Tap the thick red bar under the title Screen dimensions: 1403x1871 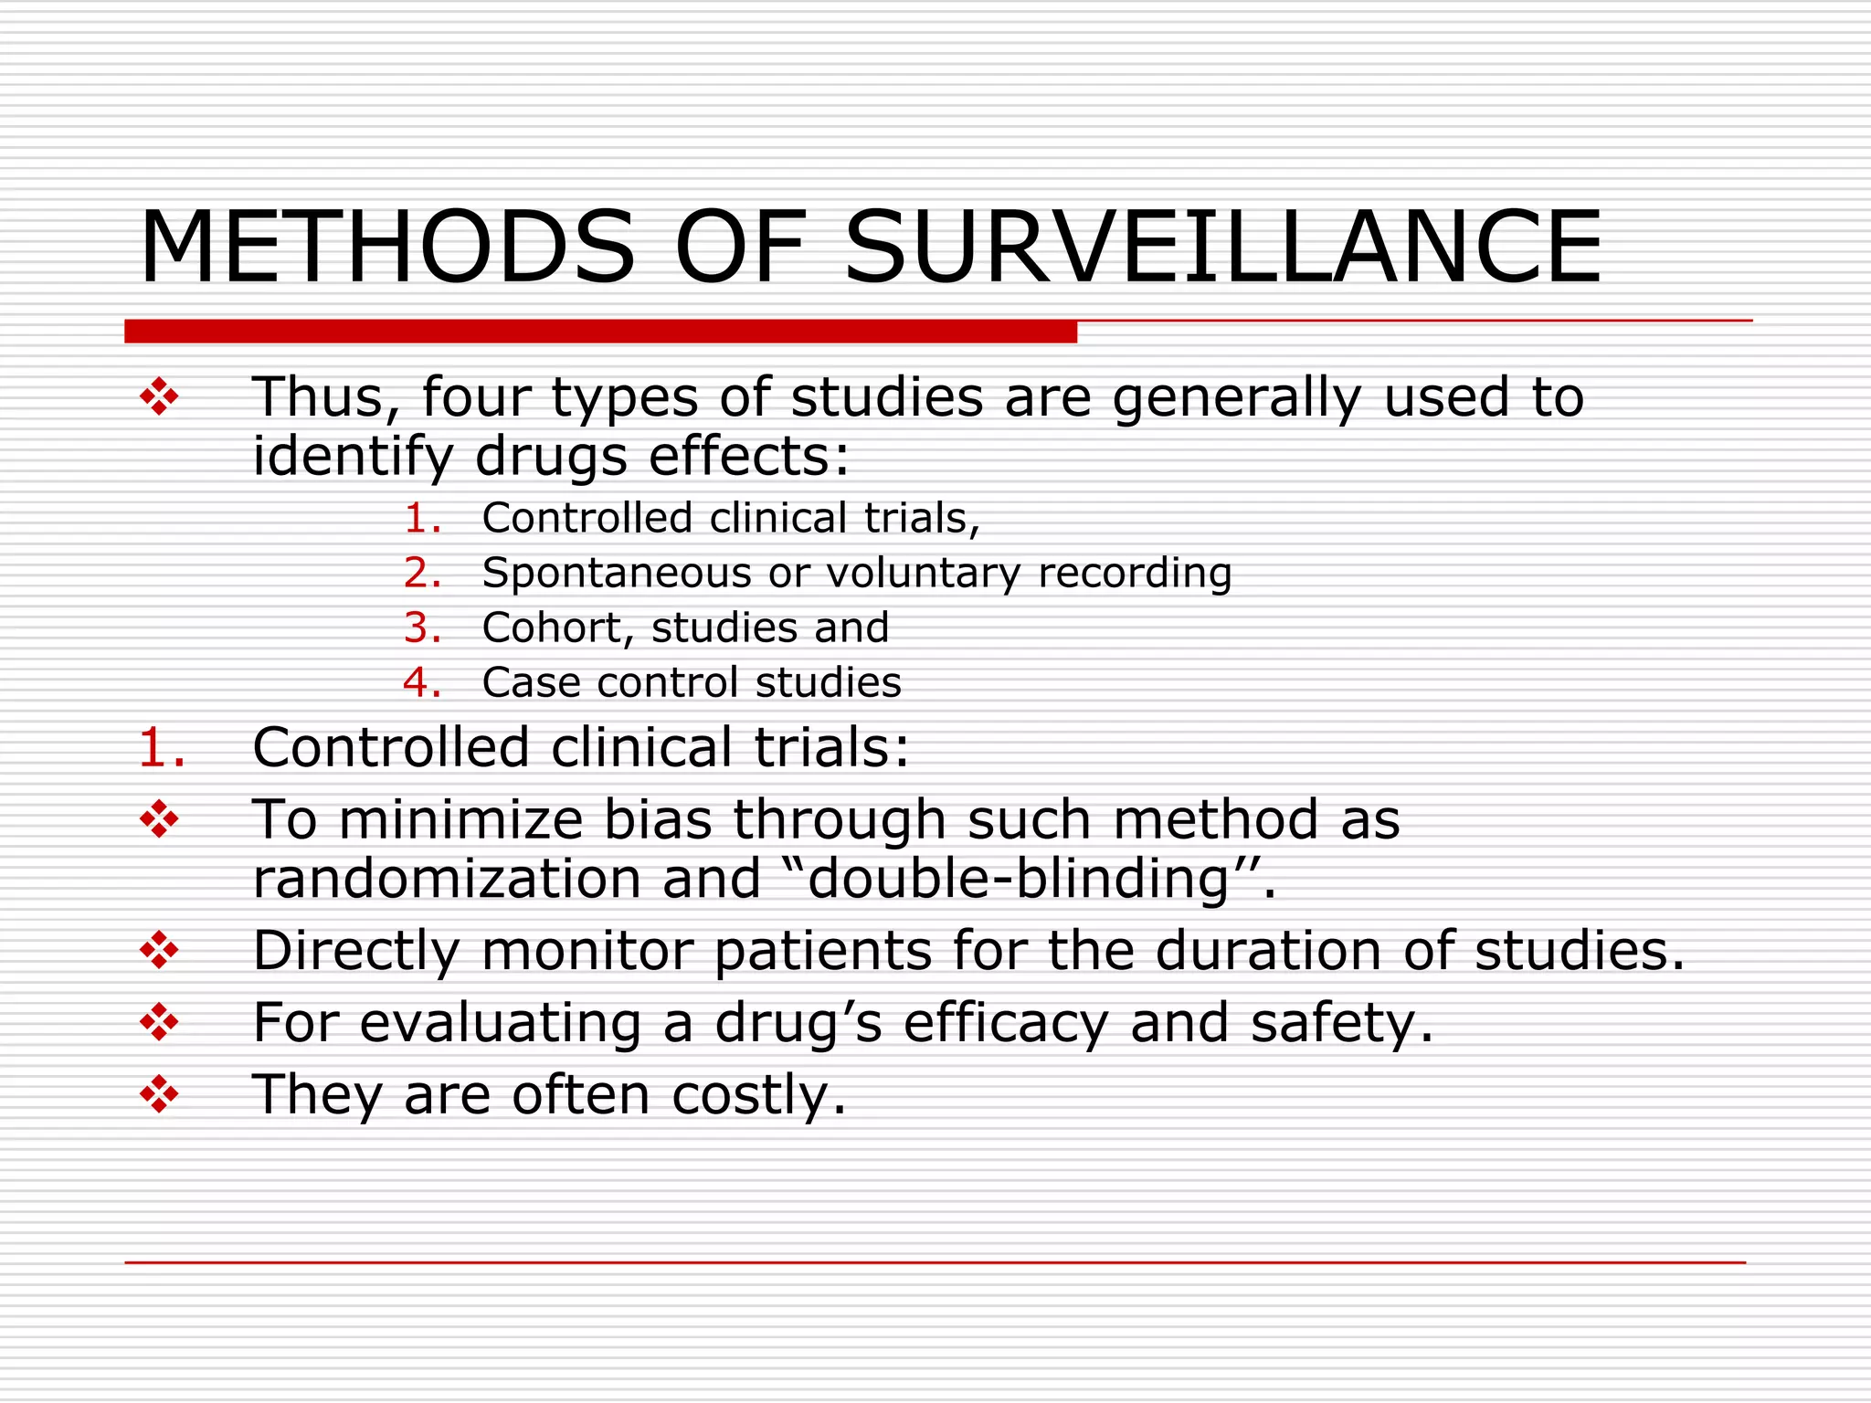pos(600,332)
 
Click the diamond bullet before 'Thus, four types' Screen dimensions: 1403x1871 pos(159,397)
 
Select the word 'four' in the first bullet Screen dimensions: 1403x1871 pos(476,398)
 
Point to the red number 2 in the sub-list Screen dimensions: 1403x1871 pos(422,574)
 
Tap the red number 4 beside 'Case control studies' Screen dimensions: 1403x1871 pos(422,683)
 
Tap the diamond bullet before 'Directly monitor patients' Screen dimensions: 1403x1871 pos(159,951)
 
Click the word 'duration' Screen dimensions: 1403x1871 pos(1269,951)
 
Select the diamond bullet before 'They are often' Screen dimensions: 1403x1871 pos(159,1094)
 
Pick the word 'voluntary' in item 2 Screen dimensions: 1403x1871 pos(924,574)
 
